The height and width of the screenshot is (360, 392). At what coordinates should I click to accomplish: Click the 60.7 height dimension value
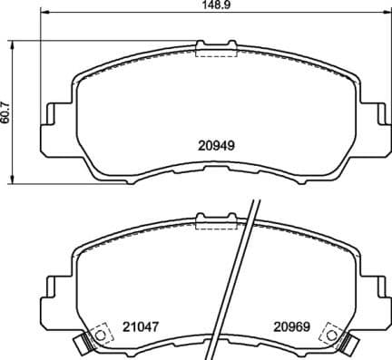point(7,110)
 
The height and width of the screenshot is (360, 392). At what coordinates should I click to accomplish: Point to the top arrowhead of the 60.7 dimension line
point(13,43)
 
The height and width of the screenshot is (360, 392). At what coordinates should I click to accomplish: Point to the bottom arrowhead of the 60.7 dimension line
point(13,177)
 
